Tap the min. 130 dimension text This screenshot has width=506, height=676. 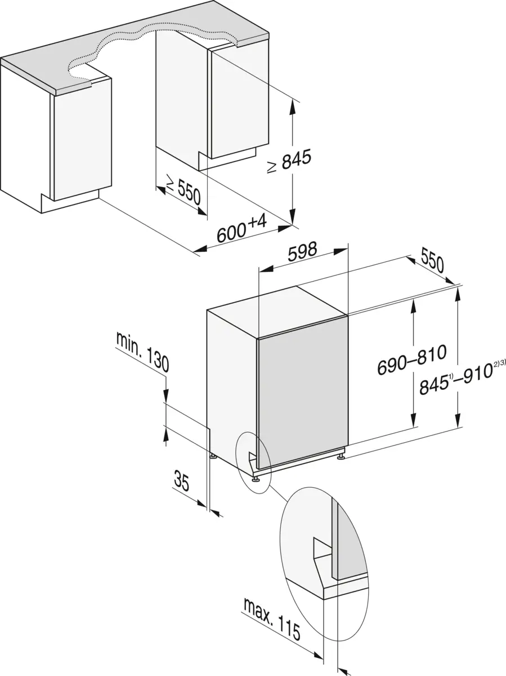[142, 352]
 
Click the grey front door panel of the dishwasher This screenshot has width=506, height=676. [301, 394]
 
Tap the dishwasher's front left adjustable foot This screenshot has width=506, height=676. [256, 478]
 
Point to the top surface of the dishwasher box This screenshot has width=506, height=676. [276, 315]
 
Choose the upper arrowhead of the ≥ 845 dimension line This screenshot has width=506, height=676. [292, 104]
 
